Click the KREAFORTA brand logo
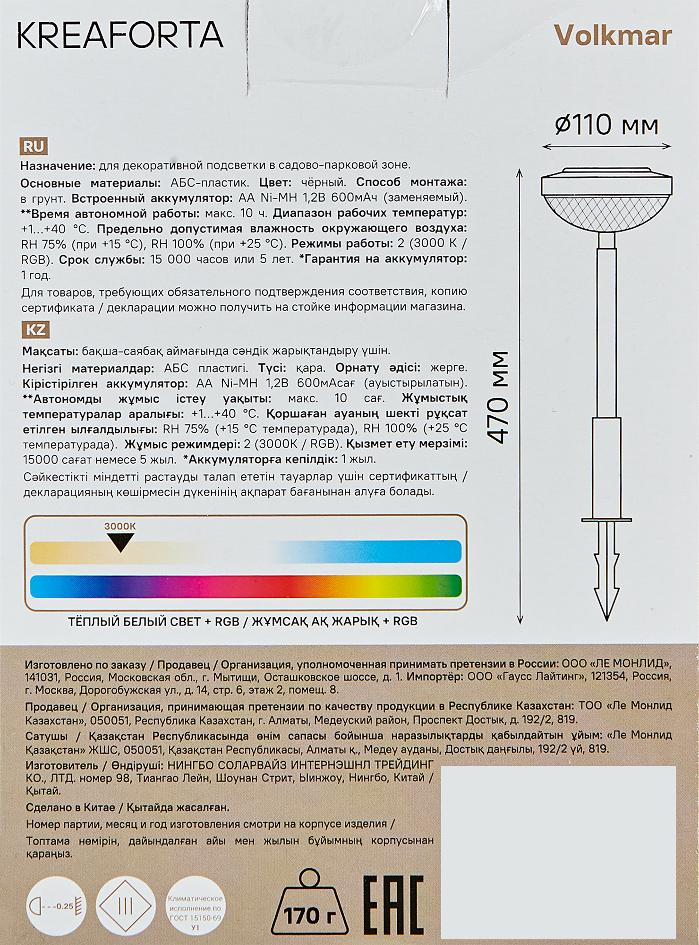(120, 36)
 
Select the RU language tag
(34, 146)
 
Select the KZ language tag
(35, 329)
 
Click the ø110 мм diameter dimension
(606, 126)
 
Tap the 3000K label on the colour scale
(120, 526)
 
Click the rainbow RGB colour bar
(245, 586)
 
